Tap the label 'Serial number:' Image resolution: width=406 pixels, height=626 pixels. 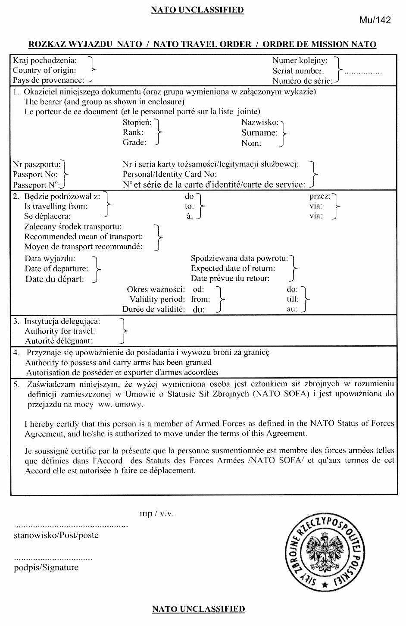pyautogui.click(x=298, y=71)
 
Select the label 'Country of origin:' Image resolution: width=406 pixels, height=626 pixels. pyautogui.click(x=44, y=70)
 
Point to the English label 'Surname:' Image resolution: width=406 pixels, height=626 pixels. pyautogui.click(x=259, y=133)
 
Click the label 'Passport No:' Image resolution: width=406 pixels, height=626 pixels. pyautogui.click(x=35, y=175)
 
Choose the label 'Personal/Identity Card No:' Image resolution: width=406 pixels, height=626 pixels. pyautogui.click(x=169, y=175)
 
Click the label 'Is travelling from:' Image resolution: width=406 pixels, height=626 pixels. pyautogui.click(x=56, y=206)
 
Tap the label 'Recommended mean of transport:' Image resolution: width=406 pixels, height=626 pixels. pyautogui.click(x=83, y=237)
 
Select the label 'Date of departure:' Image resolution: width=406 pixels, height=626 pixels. pyautogui.click(x=56, y=269)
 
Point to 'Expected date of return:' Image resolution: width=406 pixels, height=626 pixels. pyautogui.click(x=233, y=268)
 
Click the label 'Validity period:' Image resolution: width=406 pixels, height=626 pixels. pyautogui.click(x=157, y=299)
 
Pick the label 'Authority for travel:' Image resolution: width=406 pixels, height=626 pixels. pyautogui.click(x=59, y=331)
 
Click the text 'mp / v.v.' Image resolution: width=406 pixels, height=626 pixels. pyautogui.click(x=157, y=513)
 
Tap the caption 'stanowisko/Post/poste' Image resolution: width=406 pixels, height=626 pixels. pyautogui.click(x=56, y=535)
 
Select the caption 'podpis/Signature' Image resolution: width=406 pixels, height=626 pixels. pyautogui.click(x=46, y=567)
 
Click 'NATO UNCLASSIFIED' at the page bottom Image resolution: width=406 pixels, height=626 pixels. pyautogui.click(x=198, y=609)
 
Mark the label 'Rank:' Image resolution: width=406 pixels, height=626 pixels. pyautogui.click(x=133, y=132)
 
